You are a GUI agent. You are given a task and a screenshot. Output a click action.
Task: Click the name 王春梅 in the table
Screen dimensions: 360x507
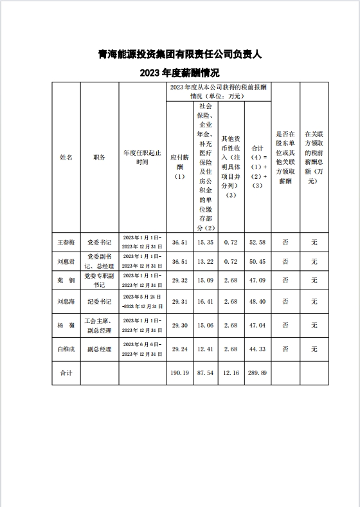(x=66, y=243)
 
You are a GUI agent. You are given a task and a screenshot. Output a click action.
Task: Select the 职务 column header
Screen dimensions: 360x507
(x=99, y=157)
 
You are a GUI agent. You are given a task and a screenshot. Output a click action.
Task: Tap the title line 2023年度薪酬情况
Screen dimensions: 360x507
(x=179, y=72)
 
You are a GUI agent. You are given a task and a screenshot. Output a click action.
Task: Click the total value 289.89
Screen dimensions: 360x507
(x=258, y=373)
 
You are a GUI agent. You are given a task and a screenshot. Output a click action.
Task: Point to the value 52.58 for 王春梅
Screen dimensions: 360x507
(x=258, y=243)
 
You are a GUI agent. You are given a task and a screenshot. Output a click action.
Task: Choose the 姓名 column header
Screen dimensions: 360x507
(x=66, y=157)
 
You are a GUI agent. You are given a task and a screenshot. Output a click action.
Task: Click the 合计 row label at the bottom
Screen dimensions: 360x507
(x=66, y=373)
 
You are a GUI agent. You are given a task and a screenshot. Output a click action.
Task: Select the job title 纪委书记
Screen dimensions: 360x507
(x=99, y=301)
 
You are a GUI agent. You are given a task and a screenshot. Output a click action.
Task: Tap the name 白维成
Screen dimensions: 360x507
(x=66, y=349)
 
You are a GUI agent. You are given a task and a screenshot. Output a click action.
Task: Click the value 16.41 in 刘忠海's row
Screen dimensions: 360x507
(x=205, y=301)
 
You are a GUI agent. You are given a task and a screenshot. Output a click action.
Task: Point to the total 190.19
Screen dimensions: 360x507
(x=179, y=373)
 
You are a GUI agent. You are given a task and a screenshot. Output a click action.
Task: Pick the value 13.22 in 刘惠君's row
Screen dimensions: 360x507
(x=205, y=261)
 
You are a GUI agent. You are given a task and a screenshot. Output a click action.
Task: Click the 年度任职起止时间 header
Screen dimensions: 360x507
(x=142, y=158)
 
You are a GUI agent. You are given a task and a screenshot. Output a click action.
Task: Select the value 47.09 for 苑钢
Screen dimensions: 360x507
(x=258, y=281)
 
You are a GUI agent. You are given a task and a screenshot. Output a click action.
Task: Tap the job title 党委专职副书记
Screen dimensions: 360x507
(x=99, y=281)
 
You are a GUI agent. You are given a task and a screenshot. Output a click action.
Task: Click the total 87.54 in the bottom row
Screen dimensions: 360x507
(x=205, y=373)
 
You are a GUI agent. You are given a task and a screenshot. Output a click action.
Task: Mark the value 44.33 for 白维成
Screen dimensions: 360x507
(x=258, y=349)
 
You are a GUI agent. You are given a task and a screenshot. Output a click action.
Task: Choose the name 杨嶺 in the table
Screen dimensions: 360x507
(x=66, y=326)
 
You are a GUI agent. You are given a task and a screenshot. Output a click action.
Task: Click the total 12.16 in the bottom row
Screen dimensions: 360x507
(x=231, y=373)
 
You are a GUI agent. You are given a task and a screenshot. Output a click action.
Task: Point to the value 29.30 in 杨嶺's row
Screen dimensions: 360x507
(x=179, y=326)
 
